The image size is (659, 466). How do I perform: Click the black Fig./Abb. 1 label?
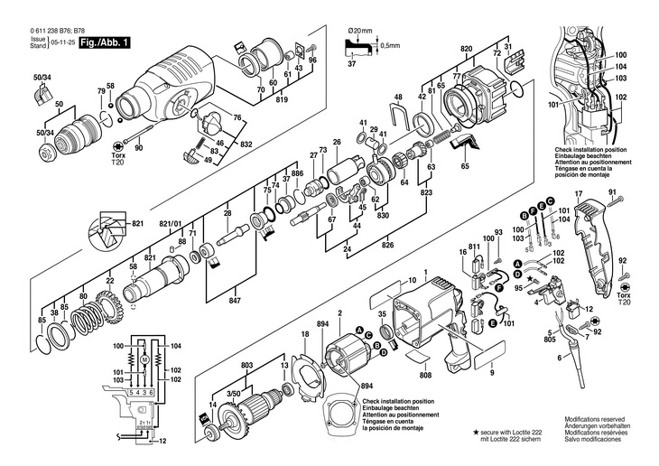click(105, 42)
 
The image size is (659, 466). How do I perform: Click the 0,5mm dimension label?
click(390, 45)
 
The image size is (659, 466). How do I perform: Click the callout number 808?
click(427, 375)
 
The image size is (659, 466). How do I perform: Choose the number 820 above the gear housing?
click(467, 46)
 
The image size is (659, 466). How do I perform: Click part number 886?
click(297, 173)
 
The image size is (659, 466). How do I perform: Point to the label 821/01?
click(171, 223)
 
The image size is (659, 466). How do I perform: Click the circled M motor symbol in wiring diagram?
click(143, 359)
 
